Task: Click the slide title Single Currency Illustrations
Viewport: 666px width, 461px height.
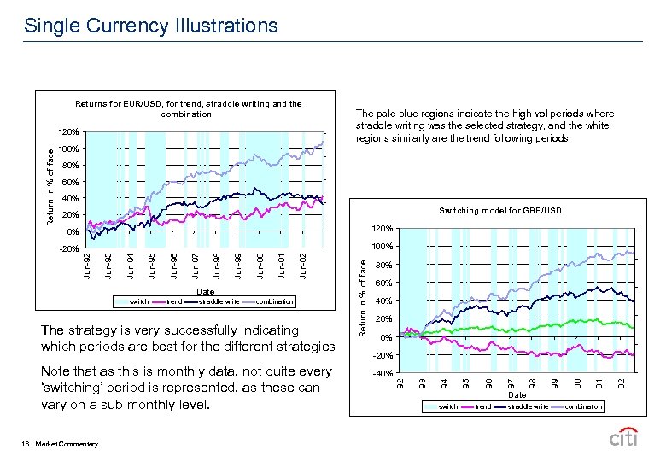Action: [151, 26]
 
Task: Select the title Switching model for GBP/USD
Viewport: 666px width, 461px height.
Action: [500, 210]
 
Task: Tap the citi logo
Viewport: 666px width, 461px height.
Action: [624, 439]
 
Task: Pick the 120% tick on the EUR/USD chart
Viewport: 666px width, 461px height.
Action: [69, 132]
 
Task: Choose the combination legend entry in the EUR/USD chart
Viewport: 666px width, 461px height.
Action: [274, 301]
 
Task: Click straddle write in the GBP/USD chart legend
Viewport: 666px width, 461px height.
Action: [528, 407]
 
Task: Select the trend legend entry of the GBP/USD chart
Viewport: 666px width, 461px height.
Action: [483, 407]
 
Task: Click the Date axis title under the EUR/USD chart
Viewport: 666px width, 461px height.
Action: [205, 291]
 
